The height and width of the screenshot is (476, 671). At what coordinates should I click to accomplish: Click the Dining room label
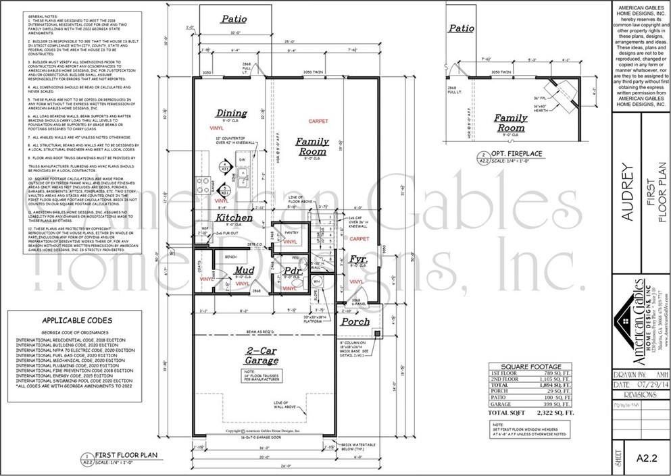231,113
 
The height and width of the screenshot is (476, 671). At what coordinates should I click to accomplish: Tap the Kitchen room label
234,217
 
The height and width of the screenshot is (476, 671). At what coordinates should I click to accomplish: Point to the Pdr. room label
292,272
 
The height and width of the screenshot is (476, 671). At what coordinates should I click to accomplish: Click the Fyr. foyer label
357,260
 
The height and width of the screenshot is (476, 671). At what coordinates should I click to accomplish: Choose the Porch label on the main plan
355,321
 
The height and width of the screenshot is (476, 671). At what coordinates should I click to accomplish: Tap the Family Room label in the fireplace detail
510,123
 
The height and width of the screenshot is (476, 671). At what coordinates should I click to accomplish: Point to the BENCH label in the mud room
230,257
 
